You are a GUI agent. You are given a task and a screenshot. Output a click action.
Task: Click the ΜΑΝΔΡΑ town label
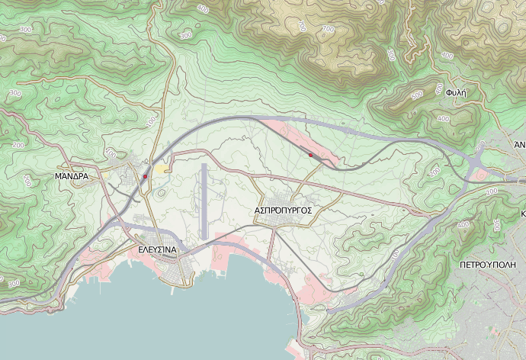click(x=72, y=176)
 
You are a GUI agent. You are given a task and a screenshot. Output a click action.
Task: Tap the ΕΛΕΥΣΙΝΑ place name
click(x=158, y=249)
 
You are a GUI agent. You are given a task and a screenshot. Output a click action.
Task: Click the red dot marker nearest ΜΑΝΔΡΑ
click(x=145, y=177)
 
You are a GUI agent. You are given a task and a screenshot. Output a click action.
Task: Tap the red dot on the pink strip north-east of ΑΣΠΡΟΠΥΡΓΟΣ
click(x=310, y=155)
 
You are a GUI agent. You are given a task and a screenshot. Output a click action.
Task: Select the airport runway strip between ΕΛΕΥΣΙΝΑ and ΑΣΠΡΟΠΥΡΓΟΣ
click(x=204, y=200)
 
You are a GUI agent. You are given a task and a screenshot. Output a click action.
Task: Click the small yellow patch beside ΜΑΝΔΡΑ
click(x=162, y=168)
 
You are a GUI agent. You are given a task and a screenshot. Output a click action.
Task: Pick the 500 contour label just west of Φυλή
click(x=416, y=96)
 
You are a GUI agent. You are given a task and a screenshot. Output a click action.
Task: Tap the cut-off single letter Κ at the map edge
click(x=523, y=214)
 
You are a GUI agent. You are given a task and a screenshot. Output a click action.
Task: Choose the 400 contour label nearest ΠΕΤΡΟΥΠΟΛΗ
click(x=462, y=226)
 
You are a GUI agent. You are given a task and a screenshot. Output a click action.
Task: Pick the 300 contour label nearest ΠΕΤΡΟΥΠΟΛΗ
click(x=496, y=224)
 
